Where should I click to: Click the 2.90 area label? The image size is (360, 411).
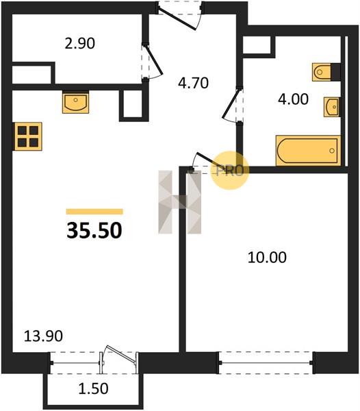click(x=80, y=44)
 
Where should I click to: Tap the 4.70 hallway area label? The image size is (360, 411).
click(x=193, y=83)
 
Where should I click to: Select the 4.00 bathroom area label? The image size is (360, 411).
click(x=293, y=99)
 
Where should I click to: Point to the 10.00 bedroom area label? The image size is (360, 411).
click(x=267, y=258)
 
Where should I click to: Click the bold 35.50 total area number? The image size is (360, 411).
click(x=94, y=230)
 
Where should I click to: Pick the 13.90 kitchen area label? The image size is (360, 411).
click(x=43, y=336)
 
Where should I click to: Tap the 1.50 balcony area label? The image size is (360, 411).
click(x=94, y=388)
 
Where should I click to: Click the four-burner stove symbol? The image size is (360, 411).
click(x=28, y=136)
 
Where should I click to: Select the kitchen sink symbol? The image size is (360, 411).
click(x=75, y=103)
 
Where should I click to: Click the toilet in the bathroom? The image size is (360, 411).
click(x=326, y=72)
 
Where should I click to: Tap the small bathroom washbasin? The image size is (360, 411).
click(x=332, y=107)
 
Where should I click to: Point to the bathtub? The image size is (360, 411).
click(x=308, y=151)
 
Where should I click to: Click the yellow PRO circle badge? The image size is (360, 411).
click(x=229, y=171)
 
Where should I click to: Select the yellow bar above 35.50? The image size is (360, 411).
click(x=94, y=212)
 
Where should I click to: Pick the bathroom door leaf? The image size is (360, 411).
click(x=231, y=104)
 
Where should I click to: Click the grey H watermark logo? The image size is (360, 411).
click(x=179, y=202)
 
